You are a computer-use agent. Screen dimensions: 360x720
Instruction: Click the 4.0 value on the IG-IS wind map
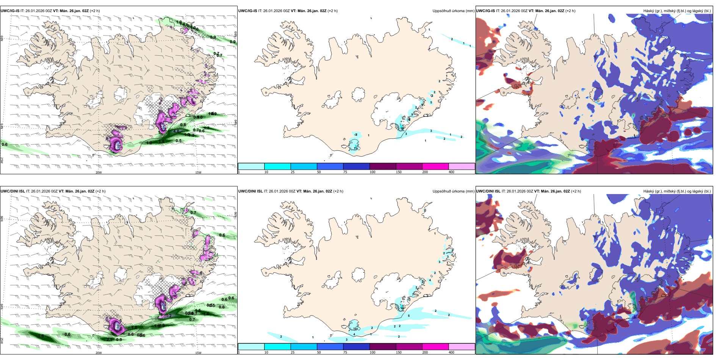(176, 131)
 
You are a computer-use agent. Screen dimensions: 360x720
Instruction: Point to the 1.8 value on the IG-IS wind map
(161, 142)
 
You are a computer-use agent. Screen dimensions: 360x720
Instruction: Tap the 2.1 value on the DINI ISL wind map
(110, 340)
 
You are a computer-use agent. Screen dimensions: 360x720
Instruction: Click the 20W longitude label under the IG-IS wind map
(99, 172)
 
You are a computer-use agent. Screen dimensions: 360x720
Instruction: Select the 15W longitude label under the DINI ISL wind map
(198, 353)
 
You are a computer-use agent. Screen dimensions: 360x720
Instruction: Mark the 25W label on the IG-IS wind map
(2, 160)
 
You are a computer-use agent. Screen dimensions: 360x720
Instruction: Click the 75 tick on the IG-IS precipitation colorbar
(345, 172)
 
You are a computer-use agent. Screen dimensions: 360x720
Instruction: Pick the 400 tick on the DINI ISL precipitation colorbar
(451, 352)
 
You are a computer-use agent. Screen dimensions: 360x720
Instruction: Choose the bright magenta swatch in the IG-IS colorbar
(435, 166)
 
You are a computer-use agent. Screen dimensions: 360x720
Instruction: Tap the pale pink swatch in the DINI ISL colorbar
(462, 347)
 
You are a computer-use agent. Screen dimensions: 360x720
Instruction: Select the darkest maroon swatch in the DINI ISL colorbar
(382, 347)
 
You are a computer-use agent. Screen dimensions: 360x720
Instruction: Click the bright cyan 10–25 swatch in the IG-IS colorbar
(277, 166)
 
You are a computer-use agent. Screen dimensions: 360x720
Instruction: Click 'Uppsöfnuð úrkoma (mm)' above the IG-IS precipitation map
(453, 11)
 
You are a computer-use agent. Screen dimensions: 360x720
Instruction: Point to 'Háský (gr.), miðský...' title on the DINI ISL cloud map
(677, 191)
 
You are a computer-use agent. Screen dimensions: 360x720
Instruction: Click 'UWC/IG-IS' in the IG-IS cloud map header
(485, 11)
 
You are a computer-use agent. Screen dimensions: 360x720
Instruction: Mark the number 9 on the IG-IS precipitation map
(412, 114)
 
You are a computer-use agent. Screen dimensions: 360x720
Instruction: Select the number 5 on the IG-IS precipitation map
(431, 102)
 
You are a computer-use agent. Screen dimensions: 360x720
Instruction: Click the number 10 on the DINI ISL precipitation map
(355, 329)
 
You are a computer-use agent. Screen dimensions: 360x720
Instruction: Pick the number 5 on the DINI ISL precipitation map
(409, 315)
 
